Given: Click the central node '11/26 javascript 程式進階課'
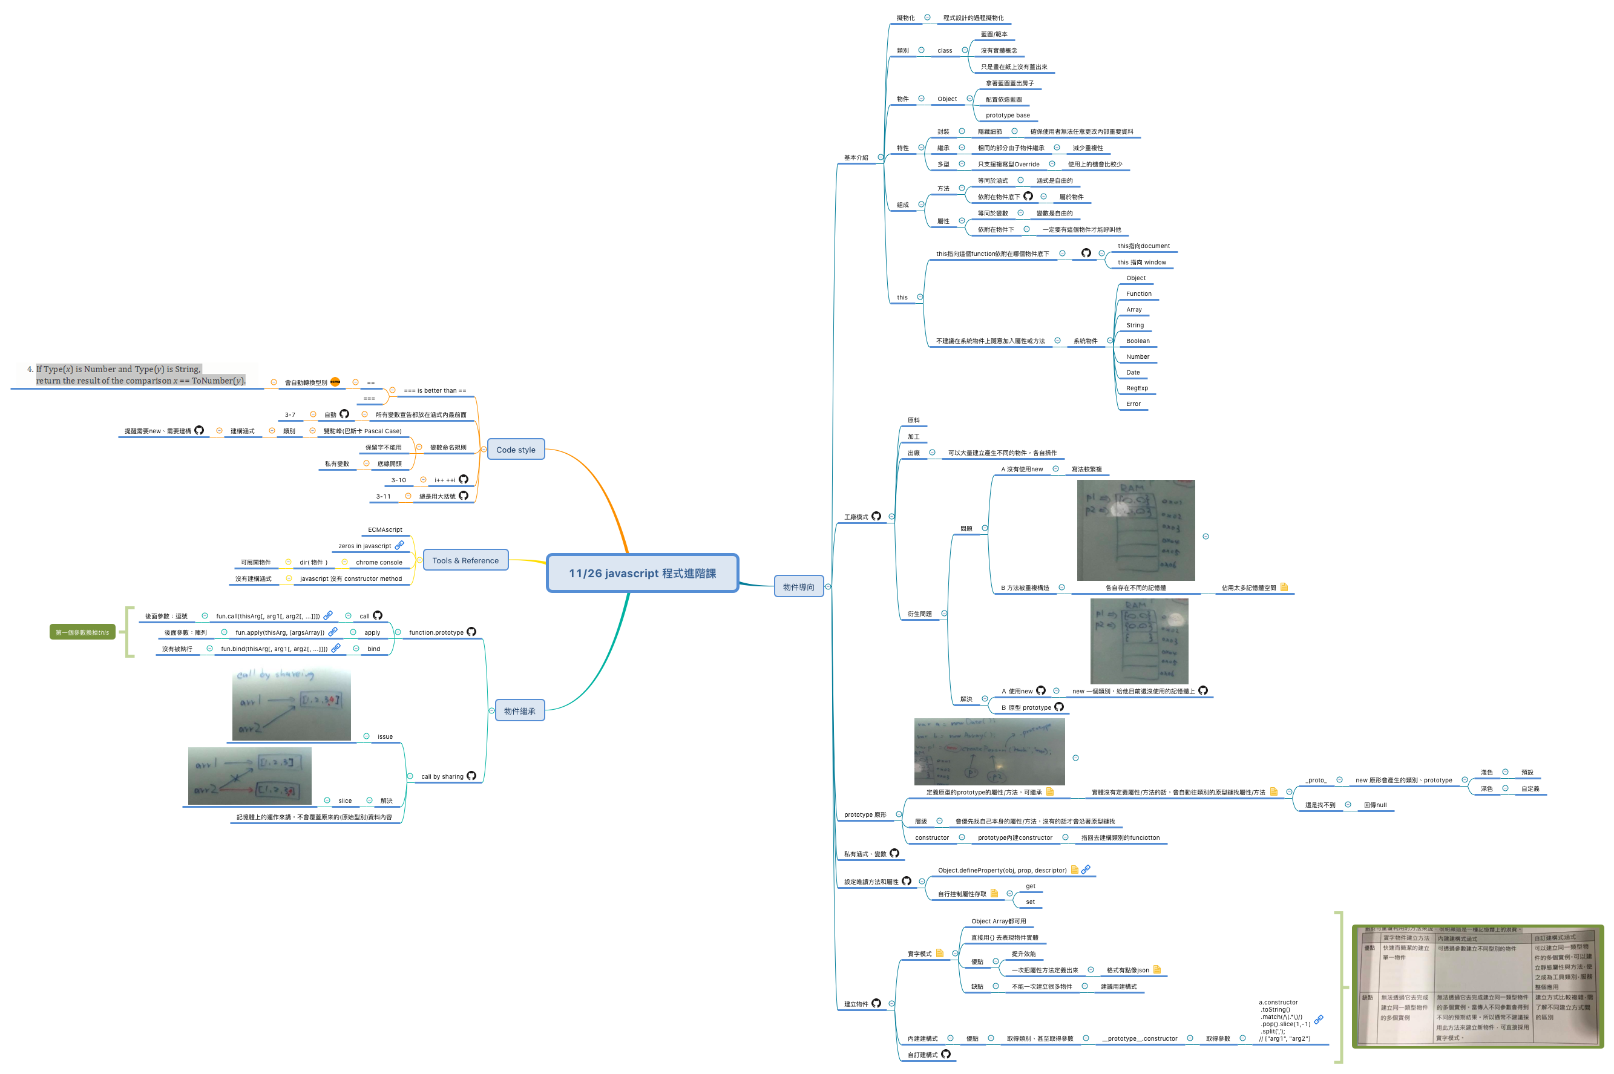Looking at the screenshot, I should (x=642, y=573).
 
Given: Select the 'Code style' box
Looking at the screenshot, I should (x=515, y=450).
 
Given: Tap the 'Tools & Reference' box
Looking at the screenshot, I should (x=465, y=560).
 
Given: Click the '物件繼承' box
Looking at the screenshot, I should (x=519, y=711).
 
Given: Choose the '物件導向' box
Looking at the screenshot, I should (x=798, y=587).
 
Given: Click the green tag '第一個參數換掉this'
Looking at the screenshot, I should (x=82, y=632).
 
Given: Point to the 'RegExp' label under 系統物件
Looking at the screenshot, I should (x=1137, y=388).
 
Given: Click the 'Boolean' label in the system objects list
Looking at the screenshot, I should (x=1137, y=341).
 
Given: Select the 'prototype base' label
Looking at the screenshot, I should (x=1007, y=116).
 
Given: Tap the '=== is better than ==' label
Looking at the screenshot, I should (x=435, y=391).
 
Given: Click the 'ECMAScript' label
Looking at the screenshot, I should (x=385, y=530).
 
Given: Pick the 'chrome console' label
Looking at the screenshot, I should (x=379, y=562).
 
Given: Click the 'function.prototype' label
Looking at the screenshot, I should (x=436, y=633).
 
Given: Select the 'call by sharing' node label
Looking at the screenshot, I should (x=442, y=777).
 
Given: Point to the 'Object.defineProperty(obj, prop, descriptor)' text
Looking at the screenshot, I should (x=1002, y=871).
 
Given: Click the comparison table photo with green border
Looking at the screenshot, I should (x=1477, y=986).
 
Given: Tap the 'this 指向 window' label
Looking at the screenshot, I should (x=1141, y=263).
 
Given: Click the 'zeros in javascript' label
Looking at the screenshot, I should (x=364, y=546).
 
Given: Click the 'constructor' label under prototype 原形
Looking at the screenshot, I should (x=932, y=837).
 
